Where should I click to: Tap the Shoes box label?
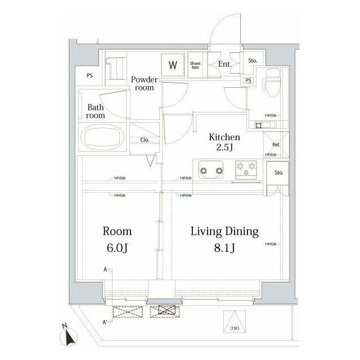click(x=196, y=65)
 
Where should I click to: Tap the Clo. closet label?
click(x=144, y=141)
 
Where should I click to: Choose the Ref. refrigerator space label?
click(x=276, y=145)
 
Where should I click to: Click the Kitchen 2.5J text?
click(x=224, y=142)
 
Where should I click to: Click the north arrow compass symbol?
click(x=70, y=335)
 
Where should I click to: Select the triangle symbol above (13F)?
click(x=232, y=317)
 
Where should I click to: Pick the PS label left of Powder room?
click(x=89, y=76)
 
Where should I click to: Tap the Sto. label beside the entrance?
click(x=253, y=60)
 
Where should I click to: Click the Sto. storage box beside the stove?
click(x=279, y=173)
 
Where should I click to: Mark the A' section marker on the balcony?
click(x=105, y=322)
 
